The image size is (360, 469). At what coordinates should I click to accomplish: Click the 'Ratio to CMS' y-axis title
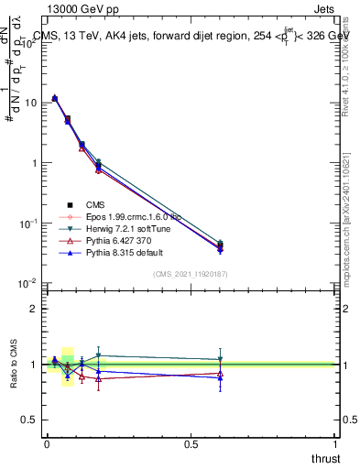click(13, 365)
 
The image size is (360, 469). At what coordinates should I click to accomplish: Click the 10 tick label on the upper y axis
click(31, 103)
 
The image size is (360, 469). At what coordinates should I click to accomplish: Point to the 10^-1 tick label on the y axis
click(29, 223)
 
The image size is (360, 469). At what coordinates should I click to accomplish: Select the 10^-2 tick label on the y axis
click(29, 283)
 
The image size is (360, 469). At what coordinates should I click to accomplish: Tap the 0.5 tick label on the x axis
click(191, 443)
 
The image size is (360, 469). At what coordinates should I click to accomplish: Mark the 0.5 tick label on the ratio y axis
click(32, 420)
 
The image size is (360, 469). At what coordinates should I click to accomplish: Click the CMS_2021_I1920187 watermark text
click(190, 274)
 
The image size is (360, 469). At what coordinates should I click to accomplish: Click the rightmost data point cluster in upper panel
click(220, 246)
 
